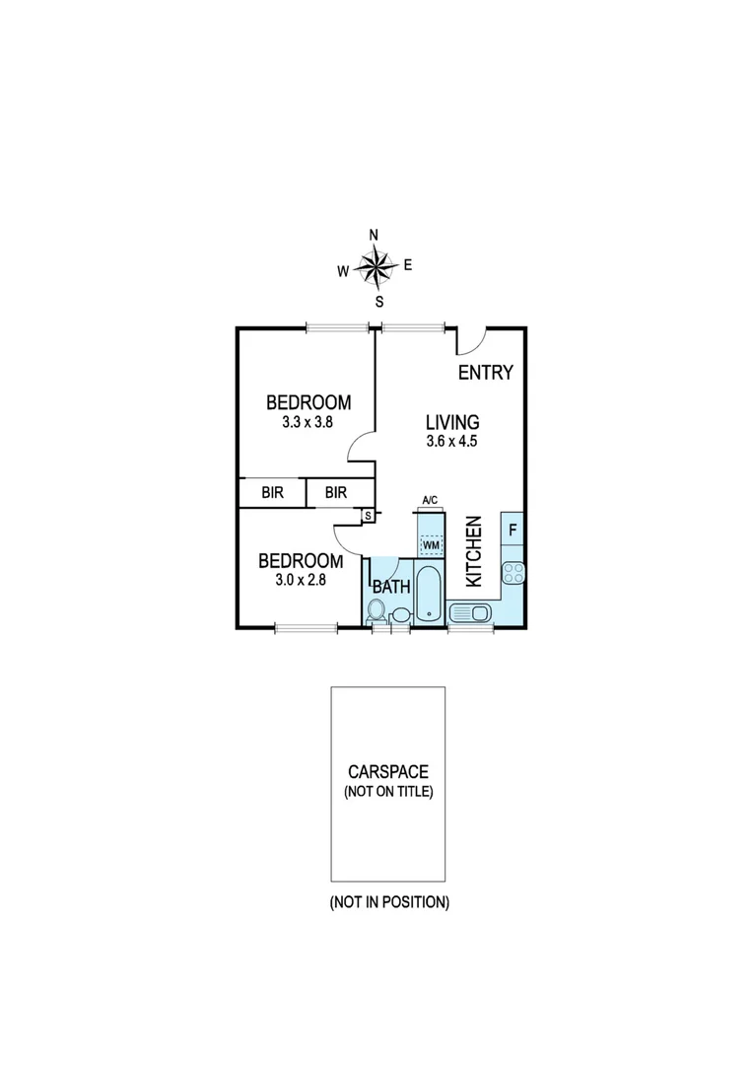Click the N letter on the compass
coord(374,235)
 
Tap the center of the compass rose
coord(375,265)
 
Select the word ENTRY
coord(485,372)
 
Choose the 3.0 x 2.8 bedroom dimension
coord(300,580)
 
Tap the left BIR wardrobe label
coord(273,492)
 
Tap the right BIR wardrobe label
coord(336,492)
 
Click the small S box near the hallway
coord(368,515)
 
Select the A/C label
coord(430,501)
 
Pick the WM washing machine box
coord(431,544)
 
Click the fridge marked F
coord(513,530)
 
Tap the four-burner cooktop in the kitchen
coord(513,572)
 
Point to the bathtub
coord(429,594)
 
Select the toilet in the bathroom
coord(376,611)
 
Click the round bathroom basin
coord(399,616)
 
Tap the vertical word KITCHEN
coord(472,551)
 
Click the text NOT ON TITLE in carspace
coord(388,791)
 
